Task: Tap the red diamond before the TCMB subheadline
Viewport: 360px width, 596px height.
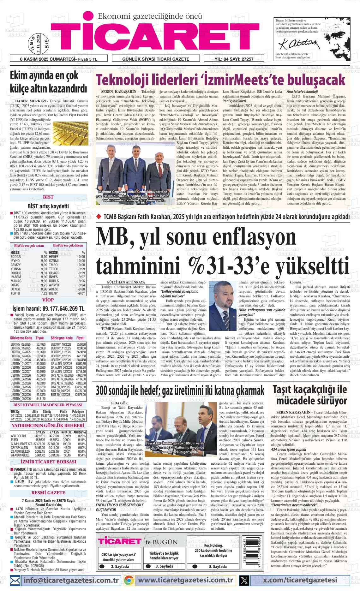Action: [x=98, y=217]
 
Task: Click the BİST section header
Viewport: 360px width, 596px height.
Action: [x=48, y=197]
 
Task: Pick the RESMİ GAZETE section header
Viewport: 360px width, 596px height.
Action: [x=48, y=493]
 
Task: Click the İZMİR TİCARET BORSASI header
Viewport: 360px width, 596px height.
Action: [x=48, y=462]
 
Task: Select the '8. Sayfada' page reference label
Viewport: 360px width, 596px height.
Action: [x=218, y=566]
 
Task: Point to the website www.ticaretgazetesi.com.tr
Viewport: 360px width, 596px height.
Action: [x=186, y=580]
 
